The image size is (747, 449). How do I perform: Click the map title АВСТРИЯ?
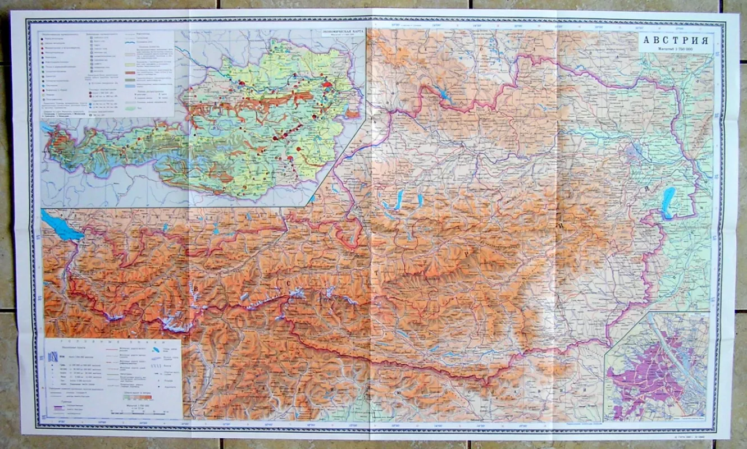pyautogui.click(x=676, y=40)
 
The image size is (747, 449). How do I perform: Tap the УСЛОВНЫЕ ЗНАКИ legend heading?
pyautogui.click(x=113, y=342)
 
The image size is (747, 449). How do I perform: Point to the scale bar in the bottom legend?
pyautogui.click(x=145, y=412)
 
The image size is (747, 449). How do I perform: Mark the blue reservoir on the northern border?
pyautogui.click(x=444, y=95)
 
